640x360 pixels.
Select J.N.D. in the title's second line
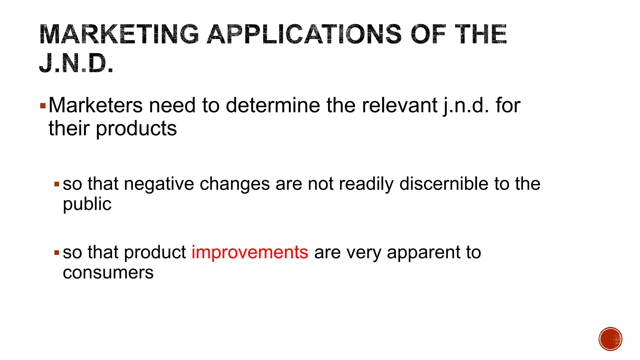tap(76, 63)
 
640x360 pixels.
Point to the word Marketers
tap(96, 106)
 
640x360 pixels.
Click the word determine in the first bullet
tap(273, 106)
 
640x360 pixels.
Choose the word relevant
tap(399, 106)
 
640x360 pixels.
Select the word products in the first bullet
tap(136, 128)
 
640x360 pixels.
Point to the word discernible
tap(444, 184)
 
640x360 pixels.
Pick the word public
tap(87, 204)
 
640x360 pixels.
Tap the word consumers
tap(108, 272)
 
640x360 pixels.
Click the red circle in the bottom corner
tap(610, 339)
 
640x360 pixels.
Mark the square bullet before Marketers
tap(43, 106)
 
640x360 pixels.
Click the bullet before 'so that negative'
tap(57, 184)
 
